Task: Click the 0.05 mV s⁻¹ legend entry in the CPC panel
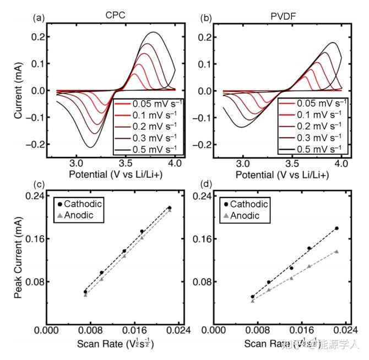click(145, 103)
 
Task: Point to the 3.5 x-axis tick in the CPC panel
click(127, 163)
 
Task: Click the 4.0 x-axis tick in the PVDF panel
click(341, 163)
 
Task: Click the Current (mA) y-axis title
click(19, 89)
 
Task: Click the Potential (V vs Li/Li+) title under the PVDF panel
click(281, 174)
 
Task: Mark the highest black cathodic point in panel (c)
click(170, 208)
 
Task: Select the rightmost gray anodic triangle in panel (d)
click(336, 252)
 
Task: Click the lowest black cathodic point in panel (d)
click(252, 297)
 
